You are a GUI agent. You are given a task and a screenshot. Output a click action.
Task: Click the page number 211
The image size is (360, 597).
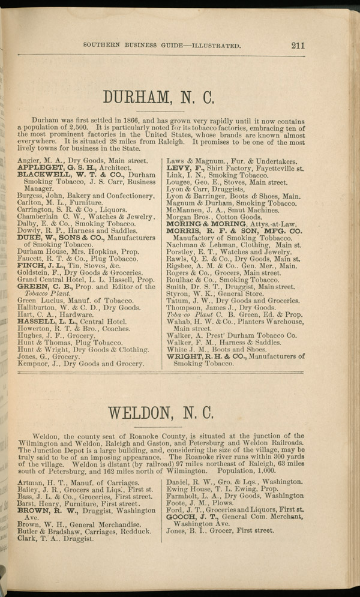point(298,44)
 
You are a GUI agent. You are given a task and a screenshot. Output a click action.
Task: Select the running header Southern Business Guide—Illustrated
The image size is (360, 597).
point(163,44)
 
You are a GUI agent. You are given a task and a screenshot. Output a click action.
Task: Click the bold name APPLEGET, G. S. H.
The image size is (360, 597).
point(52,169)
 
